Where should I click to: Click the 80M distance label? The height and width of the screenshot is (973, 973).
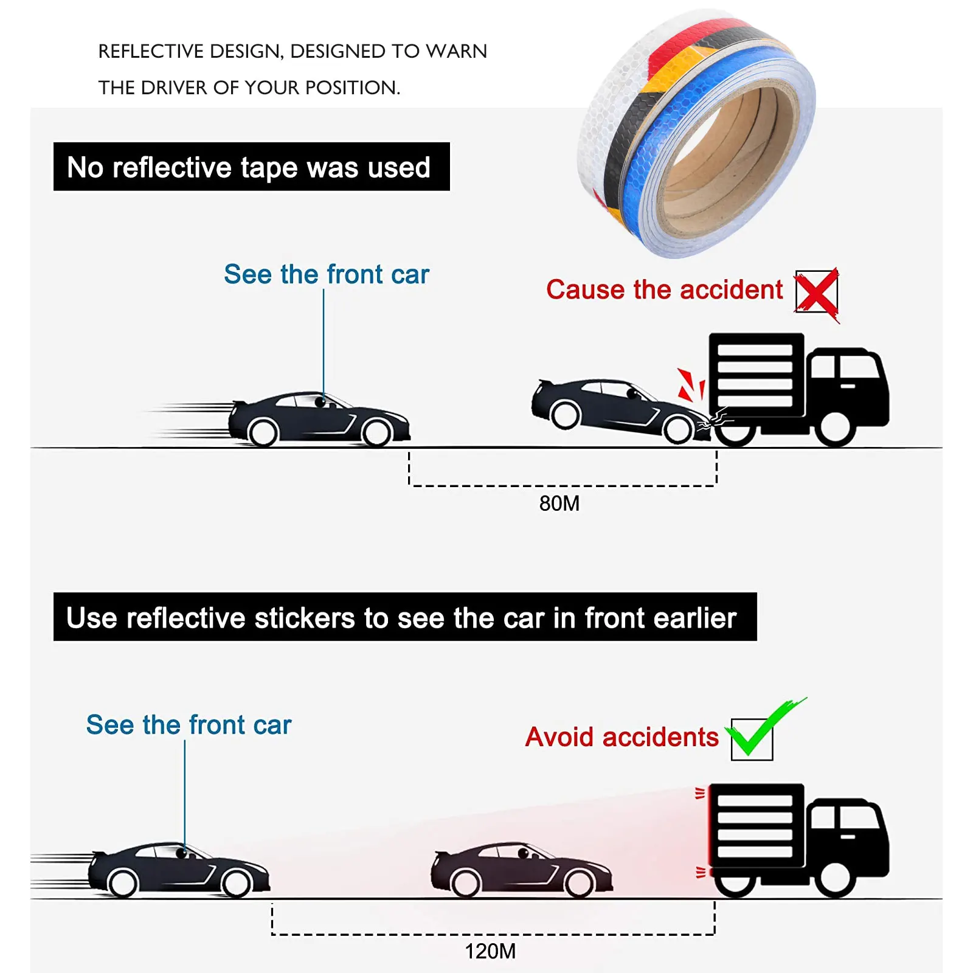(559, 504)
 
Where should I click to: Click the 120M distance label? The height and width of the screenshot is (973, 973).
(490, 951)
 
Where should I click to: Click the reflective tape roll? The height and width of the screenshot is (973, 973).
(696, 134)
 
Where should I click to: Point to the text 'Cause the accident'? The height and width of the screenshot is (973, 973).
(664, 289)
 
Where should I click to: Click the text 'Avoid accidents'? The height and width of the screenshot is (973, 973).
(622, 737)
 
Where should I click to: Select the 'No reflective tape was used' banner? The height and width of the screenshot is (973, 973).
(251, 167)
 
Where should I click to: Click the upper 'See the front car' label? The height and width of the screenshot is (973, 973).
(326, 274)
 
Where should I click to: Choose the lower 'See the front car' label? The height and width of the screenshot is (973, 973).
(189, 725)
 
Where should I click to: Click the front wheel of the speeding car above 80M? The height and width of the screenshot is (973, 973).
(376, 433)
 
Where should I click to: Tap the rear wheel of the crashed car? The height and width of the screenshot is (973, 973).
(566, 415)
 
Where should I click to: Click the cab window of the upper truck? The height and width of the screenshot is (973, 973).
(857, 367)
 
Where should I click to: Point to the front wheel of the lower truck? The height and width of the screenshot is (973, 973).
(835, 879)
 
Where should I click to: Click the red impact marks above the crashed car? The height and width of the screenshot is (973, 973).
(691, 384)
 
